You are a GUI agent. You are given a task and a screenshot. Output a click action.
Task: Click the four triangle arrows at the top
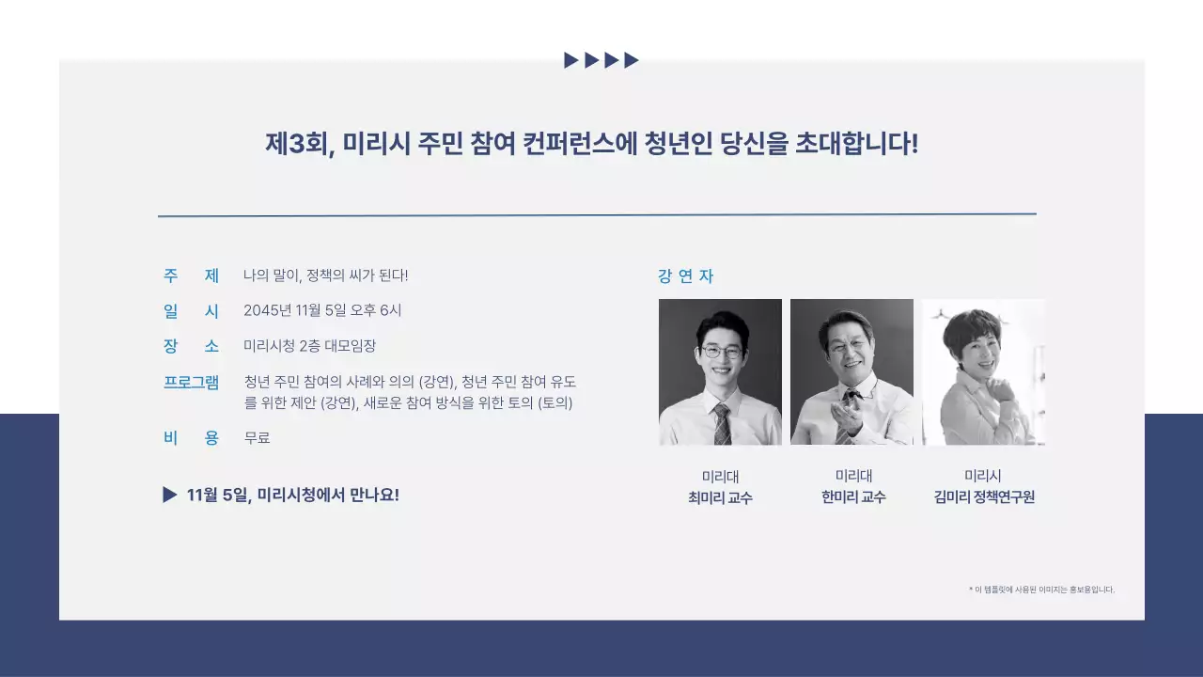tap(601, 60)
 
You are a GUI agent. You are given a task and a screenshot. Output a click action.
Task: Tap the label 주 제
tap(191, 276)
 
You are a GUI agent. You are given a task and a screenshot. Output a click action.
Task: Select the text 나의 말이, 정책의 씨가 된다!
tap(325, 276)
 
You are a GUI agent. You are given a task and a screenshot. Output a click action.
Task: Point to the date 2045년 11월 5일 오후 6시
tap(322, 310)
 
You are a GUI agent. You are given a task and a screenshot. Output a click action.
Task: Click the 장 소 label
tap(191, 345)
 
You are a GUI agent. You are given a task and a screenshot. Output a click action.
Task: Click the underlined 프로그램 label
tap(191, 382)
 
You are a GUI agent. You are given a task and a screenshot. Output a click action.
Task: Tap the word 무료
tap(257, 437)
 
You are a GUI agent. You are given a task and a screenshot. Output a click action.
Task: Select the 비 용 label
tap(191, 437)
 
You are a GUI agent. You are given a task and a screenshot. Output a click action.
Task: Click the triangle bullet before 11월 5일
tap(169, 495)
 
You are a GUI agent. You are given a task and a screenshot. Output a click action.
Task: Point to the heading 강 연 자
tap(685, 276)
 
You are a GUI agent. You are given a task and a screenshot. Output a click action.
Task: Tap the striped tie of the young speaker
tap(722, 424)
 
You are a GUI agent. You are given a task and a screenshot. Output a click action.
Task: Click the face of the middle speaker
tap(844, 352)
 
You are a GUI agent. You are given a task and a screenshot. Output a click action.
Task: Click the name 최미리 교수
tap(720, 497)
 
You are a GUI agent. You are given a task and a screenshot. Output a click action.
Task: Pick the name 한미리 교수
tap(853, 497)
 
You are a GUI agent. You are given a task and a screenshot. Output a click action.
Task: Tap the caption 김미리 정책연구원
tap(983, 497)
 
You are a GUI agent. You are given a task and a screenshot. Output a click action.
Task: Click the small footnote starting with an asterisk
tap(1041, 590)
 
